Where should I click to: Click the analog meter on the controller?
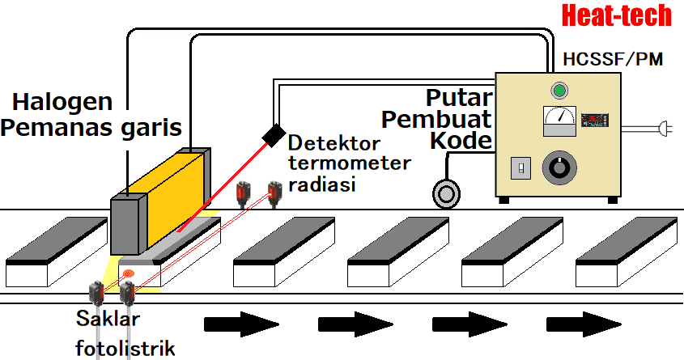tap(558, 122)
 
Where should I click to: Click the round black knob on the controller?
tap(558, 168)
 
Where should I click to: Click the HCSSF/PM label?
tap(606, 58)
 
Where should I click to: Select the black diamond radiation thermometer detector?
tap(273, 133)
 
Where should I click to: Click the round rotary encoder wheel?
tap(445, 193)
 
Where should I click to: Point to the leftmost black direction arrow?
tap(240, 325)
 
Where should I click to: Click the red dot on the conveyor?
tap(128, 273)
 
